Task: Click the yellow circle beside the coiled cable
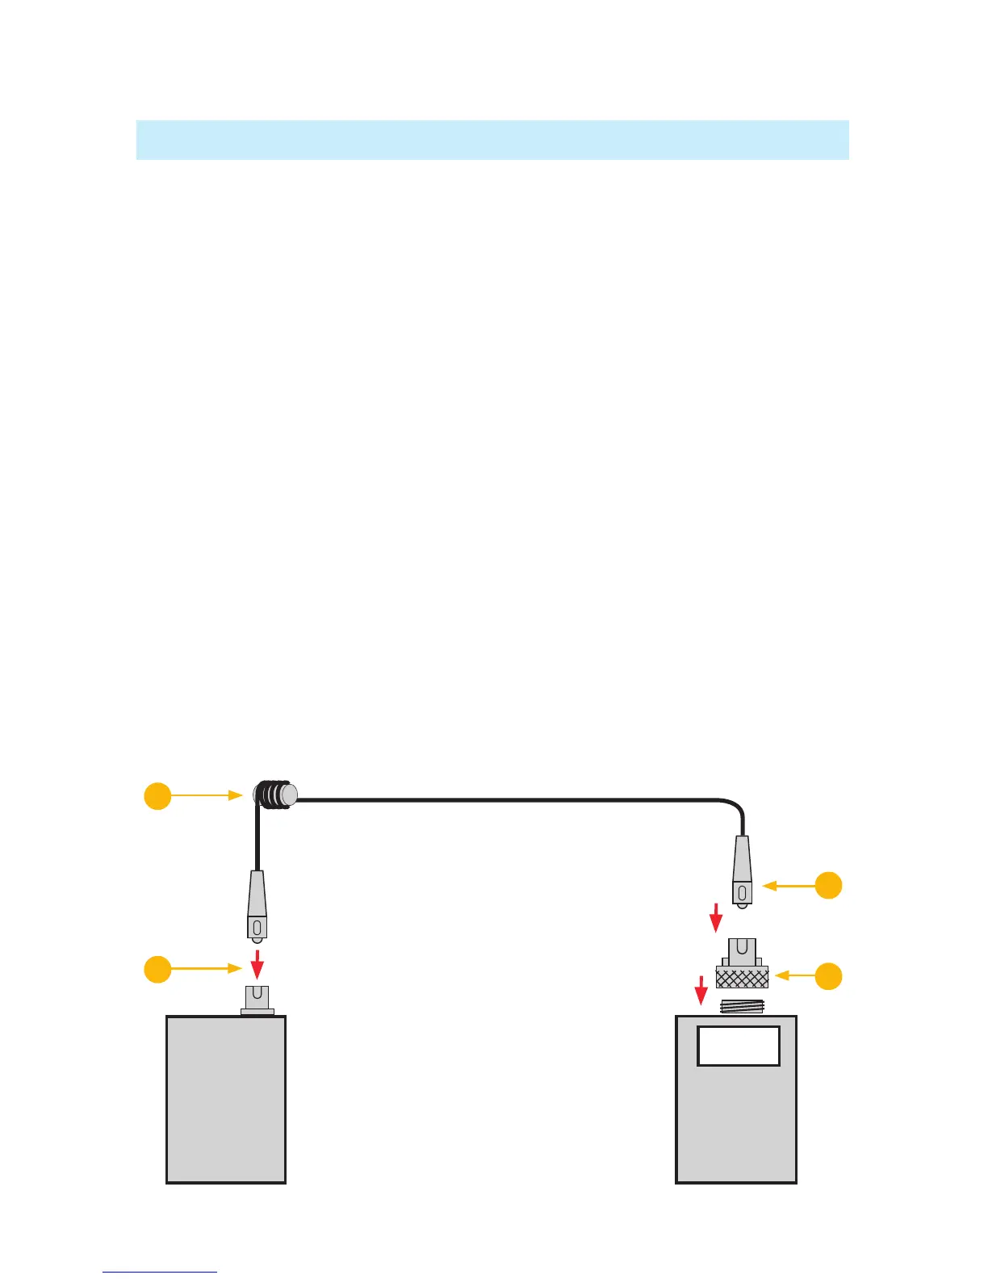157,795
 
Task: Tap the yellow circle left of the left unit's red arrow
157,968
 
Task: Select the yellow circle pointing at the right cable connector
828,886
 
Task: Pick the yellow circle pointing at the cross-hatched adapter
828,976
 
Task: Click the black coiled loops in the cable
274,795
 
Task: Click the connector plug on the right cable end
742,872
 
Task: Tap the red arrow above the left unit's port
257,962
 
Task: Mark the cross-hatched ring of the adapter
742,978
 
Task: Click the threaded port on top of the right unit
742,1007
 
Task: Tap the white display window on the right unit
739,1046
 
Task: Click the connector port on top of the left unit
257,999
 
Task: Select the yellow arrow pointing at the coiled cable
207,795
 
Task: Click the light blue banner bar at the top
492,140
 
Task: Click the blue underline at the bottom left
160,1272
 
